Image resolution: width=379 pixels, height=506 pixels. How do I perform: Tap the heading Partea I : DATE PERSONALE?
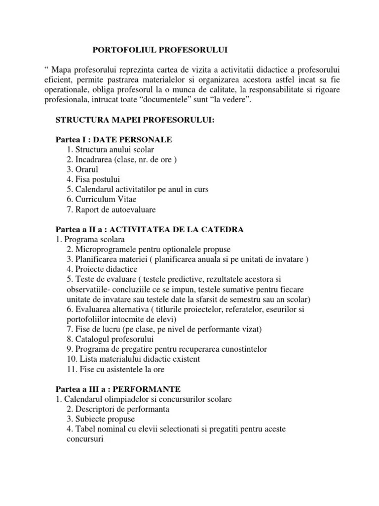coord(114,140)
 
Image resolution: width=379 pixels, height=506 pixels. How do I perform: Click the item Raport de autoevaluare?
coord(111,210)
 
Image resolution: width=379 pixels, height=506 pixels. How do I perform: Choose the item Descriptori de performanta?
coord(117,409)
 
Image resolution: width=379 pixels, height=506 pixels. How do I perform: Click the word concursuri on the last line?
coord(83,439)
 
